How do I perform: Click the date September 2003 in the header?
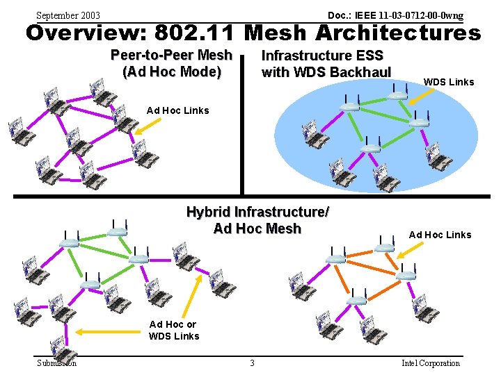[x=67, y=15]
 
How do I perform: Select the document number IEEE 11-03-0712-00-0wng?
[x=395, y=15]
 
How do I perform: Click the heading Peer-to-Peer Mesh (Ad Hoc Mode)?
[x=171, y=63]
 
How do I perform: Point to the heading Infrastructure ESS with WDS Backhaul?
[x=326, y=63]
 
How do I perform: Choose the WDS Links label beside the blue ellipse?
[x=448, y=82]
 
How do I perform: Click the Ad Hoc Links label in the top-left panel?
[x=177, y=110]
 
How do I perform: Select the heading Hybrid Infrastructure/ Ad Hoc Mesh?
[x=257, y=220]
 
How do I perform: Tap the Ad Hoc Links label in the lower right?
[x=440, y=235]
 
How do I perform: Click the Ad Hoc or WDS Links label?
[x=174, y=330]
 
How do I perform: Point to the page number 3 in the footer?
[x=252, y=362]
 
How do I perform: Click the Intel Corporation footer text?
[x=431, y=362]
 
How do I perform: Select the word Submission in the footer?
[x=56, y=362]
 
